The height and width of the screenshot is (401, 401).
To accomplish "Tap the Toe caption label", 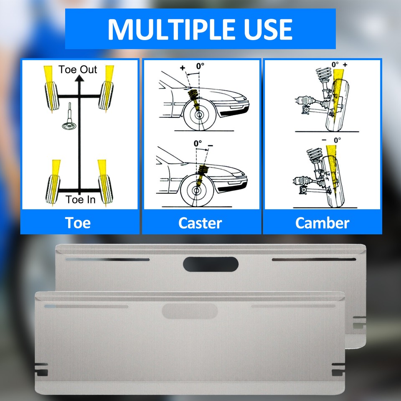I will tap(78, 223).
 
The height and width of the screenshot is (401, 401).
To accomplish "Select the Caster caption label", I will tap(200, 223).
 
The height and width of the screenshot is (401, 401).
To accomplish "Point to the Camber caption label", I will tap(322, 223).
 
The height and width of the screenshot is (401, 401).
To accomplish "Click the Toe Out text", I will tap(78, 69).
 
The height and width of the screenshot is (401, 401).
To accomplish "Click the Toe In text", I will tap(80, 200).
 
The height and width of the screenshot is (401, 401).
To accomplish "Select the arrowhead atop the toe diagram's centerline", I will tap(78, 81).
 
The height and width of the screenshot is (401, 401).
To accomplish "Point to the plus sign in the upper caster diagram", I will tap(182, 68).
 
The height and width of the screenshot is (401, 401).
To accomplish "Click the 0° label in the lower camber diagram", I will tap(337, 140).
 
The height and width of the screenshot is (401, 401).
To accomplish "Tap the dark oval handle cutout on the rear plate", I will tap(211, 264).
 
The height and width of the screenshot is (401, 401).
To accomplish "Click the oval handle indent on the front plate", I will tap(190, 311).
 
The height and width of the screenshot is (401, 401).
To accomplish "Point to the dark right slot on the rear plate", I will tap(314, 259).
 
